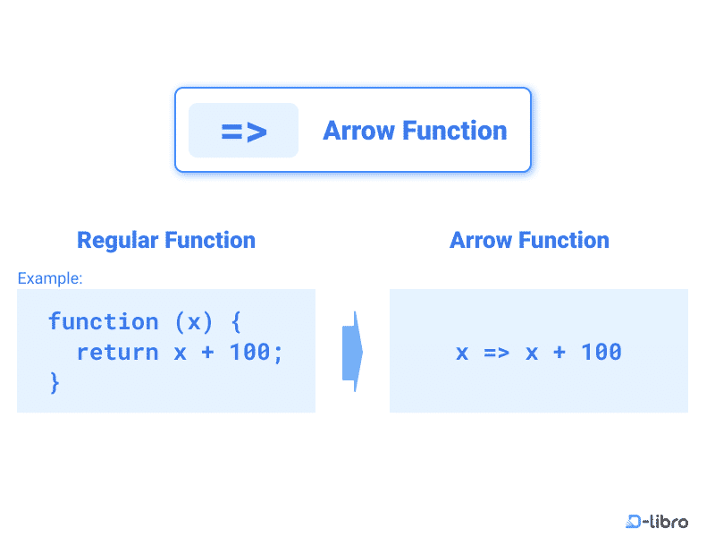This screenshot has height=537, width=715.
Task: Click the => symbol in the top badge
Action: point(243,132)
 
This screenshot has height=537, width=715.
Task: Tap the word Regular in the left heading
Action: point(116,240)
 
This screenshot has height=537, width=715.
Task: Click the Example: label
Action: point(50,278)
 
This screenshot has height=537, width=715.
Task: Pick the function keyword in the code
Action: point(103,321)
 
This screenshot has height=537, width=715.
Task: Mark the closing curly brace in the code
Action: point(55,382)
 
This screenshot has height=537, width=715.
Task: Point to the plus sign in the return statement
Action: point(207,352)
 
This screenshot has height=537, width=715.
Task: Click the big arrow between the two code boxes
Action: point(353,351)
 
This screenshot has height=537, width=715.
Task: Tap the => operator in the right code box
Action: point(496,352)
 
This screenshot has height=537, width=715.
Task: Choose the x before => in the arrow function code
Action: point(462,352)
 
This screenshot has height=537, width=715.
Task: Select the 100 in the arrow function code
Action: point(601,352)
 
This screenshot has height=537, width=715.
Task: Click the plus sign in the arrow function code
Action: point(559,352)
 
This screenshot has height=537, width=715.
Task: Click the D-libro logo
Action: point(657,521)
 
